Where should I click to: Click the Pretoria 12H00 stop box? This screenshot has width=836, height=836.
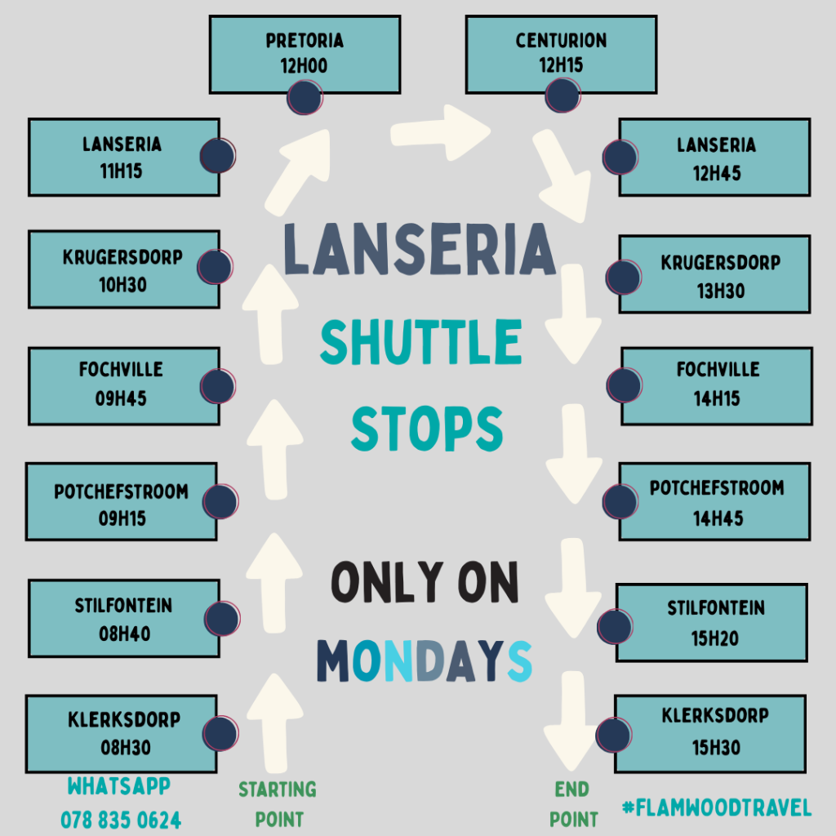pyautogui.click(x=305, y=54)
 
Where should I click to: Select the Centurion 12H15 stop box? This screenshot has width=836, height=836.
pyautogui.click(x=561, y=54)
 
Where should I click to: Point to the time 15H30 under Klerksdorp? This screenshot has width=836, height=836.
pyautogui.click(x=714, y=748)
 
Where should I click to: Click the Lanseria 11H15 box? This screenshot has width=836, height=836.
pyautogui.click(x=123, y=157)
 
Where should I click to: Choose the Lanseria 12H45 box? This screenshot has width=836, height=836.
pyautogui.click(x=714, y=158)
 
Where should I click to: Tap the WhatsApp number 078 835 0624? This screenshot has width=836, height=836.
pyautogui.click(x=121, y=819)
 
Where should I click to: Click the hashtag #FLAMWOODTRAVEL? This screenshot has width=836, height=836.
pyautogui.click(x=717, y=808)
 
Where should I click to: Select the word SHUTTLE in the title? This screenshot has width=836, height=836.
pyautogui.click(x=420, y=342)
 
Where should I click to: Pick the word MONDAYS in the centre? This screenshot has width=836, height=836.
pyautogui.click(x=424, y=660)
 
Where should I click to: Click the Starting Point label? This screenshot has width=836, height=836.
pyautogui.click(x=277, y=804)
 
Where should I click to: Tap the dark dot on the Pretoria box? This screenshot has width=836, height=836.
pyautogui.click(x=304, y=97)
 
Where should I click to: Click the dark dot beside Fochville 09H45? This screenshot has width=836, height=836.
pyautogui.click(x=217, y=386)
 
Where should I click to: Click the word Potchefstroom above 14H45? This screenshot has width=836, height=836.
pyautogui.click(x=717, y=488)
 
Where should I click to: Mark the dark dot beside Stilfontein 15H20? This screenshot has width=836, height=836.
pyautogui.click(x=616, y=625)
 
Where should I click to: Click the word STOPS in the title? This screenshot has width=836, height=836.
pyautogui.click(x=426, y=427)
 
